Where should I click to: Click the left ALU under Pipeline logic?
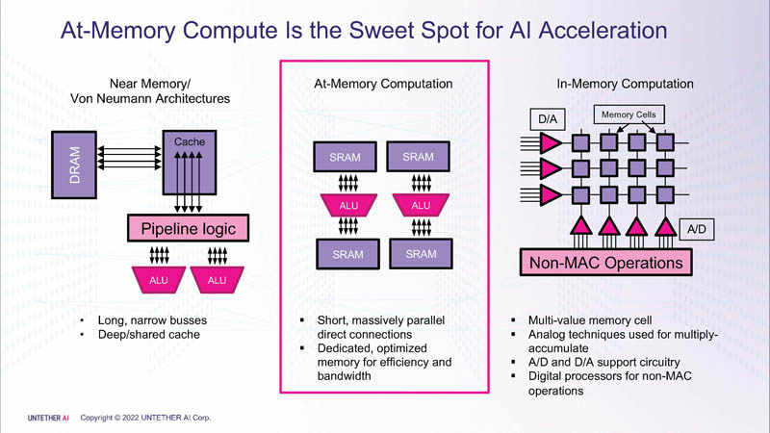[157, 280]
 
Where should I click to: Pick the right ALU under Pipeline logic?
[217, 280]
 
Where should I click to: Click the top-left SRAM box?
[345, 157]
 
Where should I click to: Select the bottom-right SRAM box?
[420, 254]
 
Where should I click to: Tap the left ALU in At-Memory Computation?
[347, 205]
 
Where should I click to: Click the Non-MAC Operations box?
[605, 262]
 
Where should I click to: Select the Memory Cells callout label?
[629, 115]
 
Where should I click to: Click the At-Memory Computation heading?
[384, 84]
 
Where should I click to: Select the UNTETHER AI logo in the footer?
[47, 418]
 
